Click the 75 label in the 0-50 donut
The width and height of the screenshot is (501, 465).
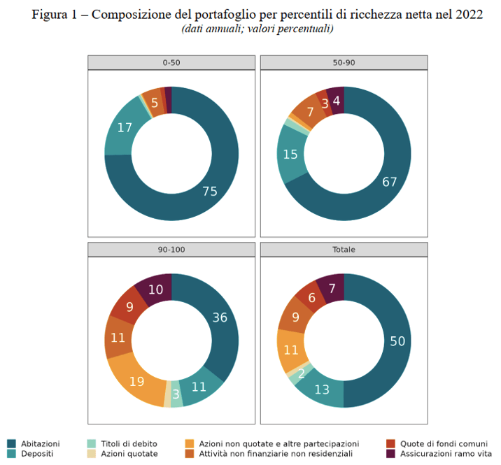coord(209,192)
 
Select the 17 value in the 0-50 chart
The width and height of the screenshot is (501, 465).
coord(125,128)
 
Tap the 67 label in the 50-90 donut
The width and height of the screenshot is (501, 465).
coord(390,183)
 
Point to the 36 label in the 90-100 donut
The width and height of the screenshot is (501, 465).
coord(220,317)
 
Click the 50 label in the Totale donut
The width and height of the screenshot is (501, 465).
coord(397,341)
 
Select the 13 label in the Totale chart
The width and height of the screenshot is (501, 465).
coord(322,389)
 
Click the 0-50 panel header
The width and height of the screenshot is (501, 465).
coord(171,62)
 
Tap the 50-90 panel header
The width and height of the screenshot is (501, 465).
coord(344,62)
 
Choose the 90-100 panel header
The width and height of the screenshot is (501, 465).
coord(171,249)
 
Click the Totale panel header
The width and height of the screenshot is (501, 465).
coord(344,249)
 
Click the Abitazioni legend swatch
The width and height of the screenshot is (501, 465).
coord(11,443)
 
